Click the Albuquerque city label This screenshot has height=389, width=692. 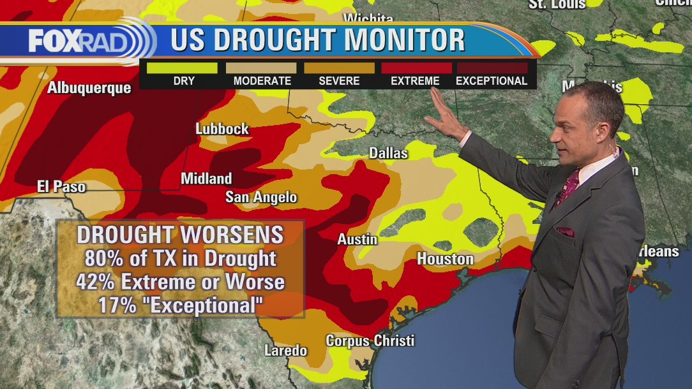(x=89, y=88)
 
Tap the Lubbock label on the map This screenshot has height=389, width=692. (x=222, y=129)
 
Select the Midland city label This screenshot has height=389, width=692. (x=206, y=179)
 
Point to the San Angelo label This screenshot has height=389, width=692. (x=261, y=198)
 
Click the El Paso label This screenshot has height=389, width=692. (x=61, y=187)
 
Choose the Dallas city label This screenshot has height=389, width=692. (x=388, y=154)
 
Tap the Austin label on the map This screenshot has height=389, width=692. (x=357, y=240)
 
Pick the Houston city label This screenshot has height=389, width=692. (x=445, y=259)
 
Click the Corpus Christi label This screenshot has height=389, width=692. (x=370, y=341)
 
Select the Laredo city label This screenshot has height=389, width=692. (x=286, y=351)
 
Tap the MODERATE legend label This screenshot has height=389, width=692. (x=262, y=81)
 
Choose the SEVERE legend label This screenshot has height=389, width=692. (x=339, y=81)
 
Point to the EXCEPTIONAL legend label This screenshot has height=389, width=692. (x=492, y=81)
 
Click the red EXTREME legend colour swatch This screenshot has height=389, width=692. (x=416, y=68)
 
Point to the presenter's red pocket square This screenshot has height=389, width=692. (x=565, y=231)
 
